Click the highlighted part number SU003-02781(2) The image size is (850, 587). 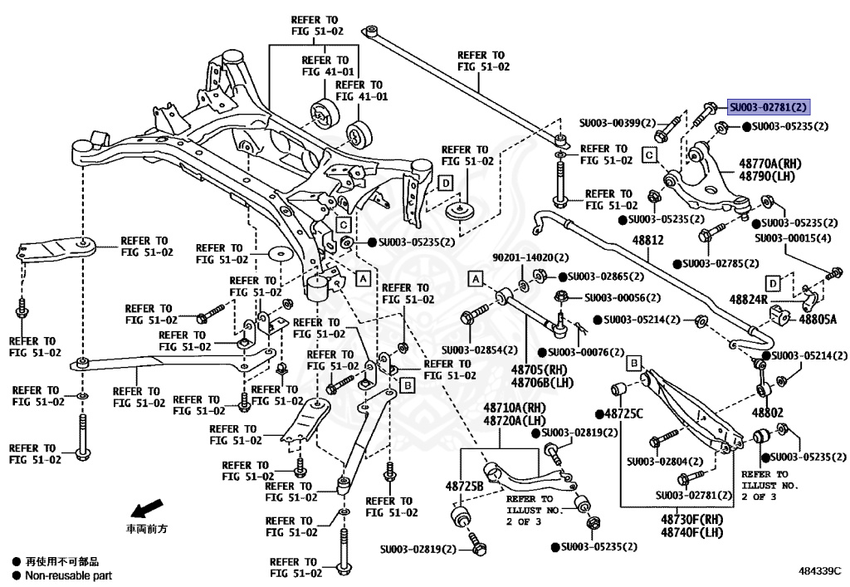(x=769, y=107)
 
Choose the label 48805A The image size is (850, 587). (x=818, y=319)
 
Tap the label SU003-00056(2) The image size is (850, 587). (x=623, y=297)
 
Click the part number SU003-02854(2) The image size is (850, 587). (x=480, y=350)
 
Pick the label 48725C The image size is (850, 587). (x=624, y=413)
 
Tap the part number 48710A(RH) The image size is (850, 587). (x=515, y=408)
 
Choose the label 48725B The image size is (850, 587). (x=464, y=485)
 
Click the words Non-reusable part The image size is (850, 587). (x=68, y=575)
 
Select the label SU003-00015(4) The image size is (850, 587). (x=793, y=238)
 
